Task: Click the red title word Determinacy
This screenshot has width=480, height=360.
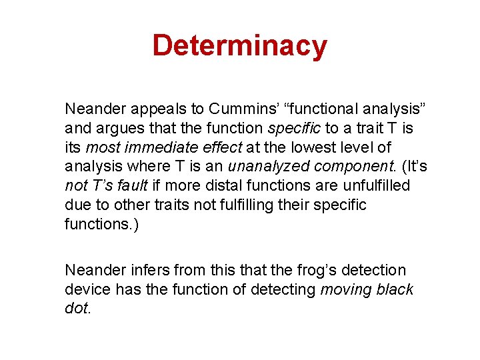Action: pos(239,46)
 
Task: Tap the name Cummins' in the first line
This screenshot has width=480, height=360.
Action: pos(236,109)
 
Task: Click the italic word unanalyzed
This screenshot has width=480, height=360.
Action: pos(262,166)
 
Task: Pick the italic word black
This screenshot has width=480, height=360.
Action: pos(395,289)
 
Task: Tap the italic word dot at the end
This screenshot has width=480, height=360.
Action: pos(75,309)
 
